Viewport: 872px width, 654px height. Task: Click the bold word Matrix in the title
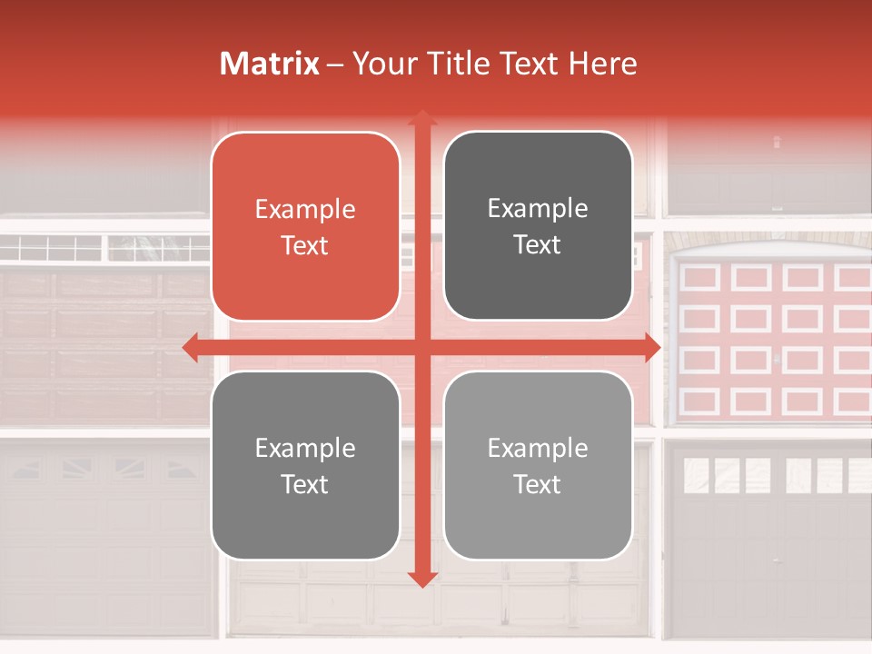point(270,64)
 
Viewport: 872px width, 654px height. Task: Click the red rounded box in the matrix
point(305,226)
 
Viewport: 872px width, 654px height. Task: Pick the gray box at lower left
point(305,465)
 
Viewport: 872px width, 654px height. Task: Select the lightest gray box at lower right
point(538,465)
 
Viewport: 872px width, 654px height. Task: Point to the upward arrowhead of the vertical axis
point(421,118)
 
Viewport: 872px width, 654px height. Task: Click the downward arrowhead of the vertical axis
point(421,579)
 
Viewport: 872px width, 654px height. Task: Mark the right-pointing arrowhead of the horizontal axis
point(651,348)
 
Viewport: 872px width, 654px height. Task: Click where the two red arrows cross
point(421,348)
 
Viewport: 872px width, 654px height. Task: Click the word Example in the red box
point(305,210)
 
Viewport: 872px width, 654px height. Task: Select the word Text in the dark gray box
point(538,245)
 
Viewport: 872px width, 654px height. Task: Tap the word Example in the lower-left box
point(305,449)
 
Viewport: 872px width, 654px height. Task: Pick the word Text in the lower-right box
point(538,485)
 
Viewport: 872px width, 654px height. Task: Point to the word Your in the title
point(381,64)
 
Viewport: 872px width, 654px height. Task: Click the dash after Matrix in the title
point(335,64)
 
